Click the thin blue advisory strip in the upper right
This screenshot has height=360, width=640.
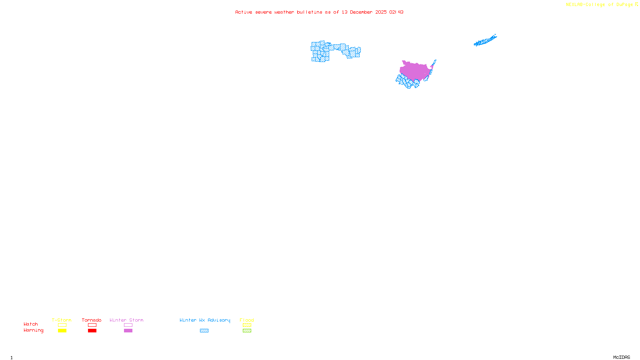[x=485, y=40]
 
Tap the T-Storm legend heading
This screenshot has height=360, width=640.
[x=62, y=320]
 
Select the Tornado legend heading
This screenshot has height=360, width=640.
[x=92, y=320]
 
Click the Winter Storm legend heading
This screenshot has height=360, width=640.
[x=126, y=320]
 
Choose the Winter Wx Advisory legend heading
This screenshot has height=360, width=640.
[x=205, y=320]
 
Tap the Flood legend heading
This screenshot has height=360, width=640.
[x=247, y=320]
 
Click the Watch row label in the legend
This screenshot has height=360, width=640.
[x=31, y=324]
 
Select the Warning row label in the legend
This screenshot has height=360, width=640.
[x=33, y=330]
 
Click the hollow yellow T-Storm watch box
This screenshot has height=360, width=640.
[x=62, y=325]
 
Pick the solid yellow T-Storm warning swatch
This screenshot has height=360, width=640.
[x=62, y=331]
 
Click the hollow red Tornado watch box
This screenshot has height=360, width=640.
[x=92, y=325]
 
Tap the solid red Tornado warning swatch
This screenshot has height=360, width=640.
[x=92, y=331]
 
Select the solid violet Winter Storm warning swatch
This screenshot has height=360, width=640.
[x=128, y=331]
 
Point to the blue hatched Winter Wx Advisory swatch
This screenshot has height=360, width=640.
[x=204, y=331]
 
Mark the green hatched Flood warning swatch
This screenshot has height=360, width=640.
[x=247, y=331]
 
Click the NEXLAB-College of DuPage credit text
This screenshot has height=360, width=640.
[x=600, y=4]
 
